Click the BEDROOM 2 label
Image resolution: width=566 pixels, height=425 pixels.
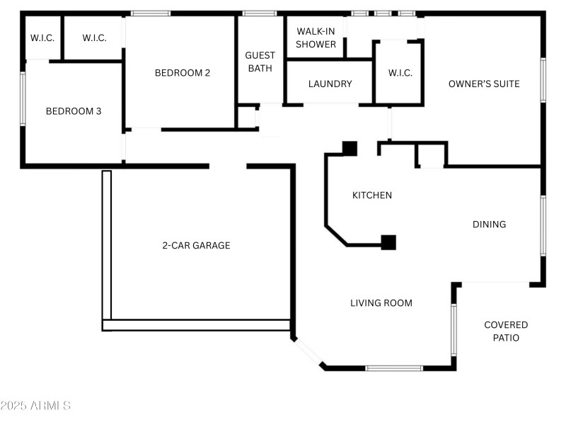click(183, 72)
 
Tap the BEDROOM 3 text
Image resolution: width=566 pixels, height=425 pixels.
click(74, 111)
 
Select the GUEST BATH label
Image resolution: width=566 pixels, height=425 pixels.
click(260, 62)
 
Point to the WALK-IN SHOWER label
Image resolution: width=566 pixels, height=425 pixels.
click(316, 38)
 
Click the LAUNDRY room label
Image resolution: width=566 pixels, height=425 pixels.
click(330, 84)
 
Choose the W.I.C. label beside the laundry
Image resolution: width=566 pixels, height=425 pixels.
click(400, 73)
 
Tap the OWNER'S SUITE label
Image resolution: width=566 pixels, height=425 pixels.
click(484, 84)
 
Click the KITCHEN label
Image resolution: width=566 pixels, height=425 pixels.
click(372, 195)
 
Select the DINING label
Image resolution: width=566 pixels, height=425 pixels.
click(489, 225)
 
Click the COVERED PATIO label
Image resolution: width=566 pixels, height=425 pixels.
click(506, 331)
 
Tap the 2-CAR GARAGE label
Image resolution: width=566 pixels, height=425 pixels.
click(196, 246)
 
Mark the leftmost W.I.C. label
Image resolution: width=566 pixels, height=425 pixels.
click(42, 38)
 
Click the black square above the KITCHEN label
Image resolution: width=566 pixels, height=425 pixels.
click(350, 148)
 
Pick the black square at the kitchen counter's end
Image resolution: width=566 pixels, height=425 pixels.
click(388, 242)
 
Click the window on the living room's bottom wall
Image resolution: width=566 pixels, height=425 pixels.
click(394, 368)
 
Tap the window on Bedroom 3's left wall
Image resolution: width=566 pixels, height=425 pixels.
click(23, 98)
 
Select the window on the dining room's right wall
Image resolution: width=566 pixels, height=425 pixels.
click(543, 225)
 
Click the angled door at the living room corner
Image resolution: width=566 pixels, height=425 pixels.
click(308, 352)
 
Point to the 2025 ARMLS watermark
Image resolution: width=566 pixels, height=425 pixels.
click(35, 406)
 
